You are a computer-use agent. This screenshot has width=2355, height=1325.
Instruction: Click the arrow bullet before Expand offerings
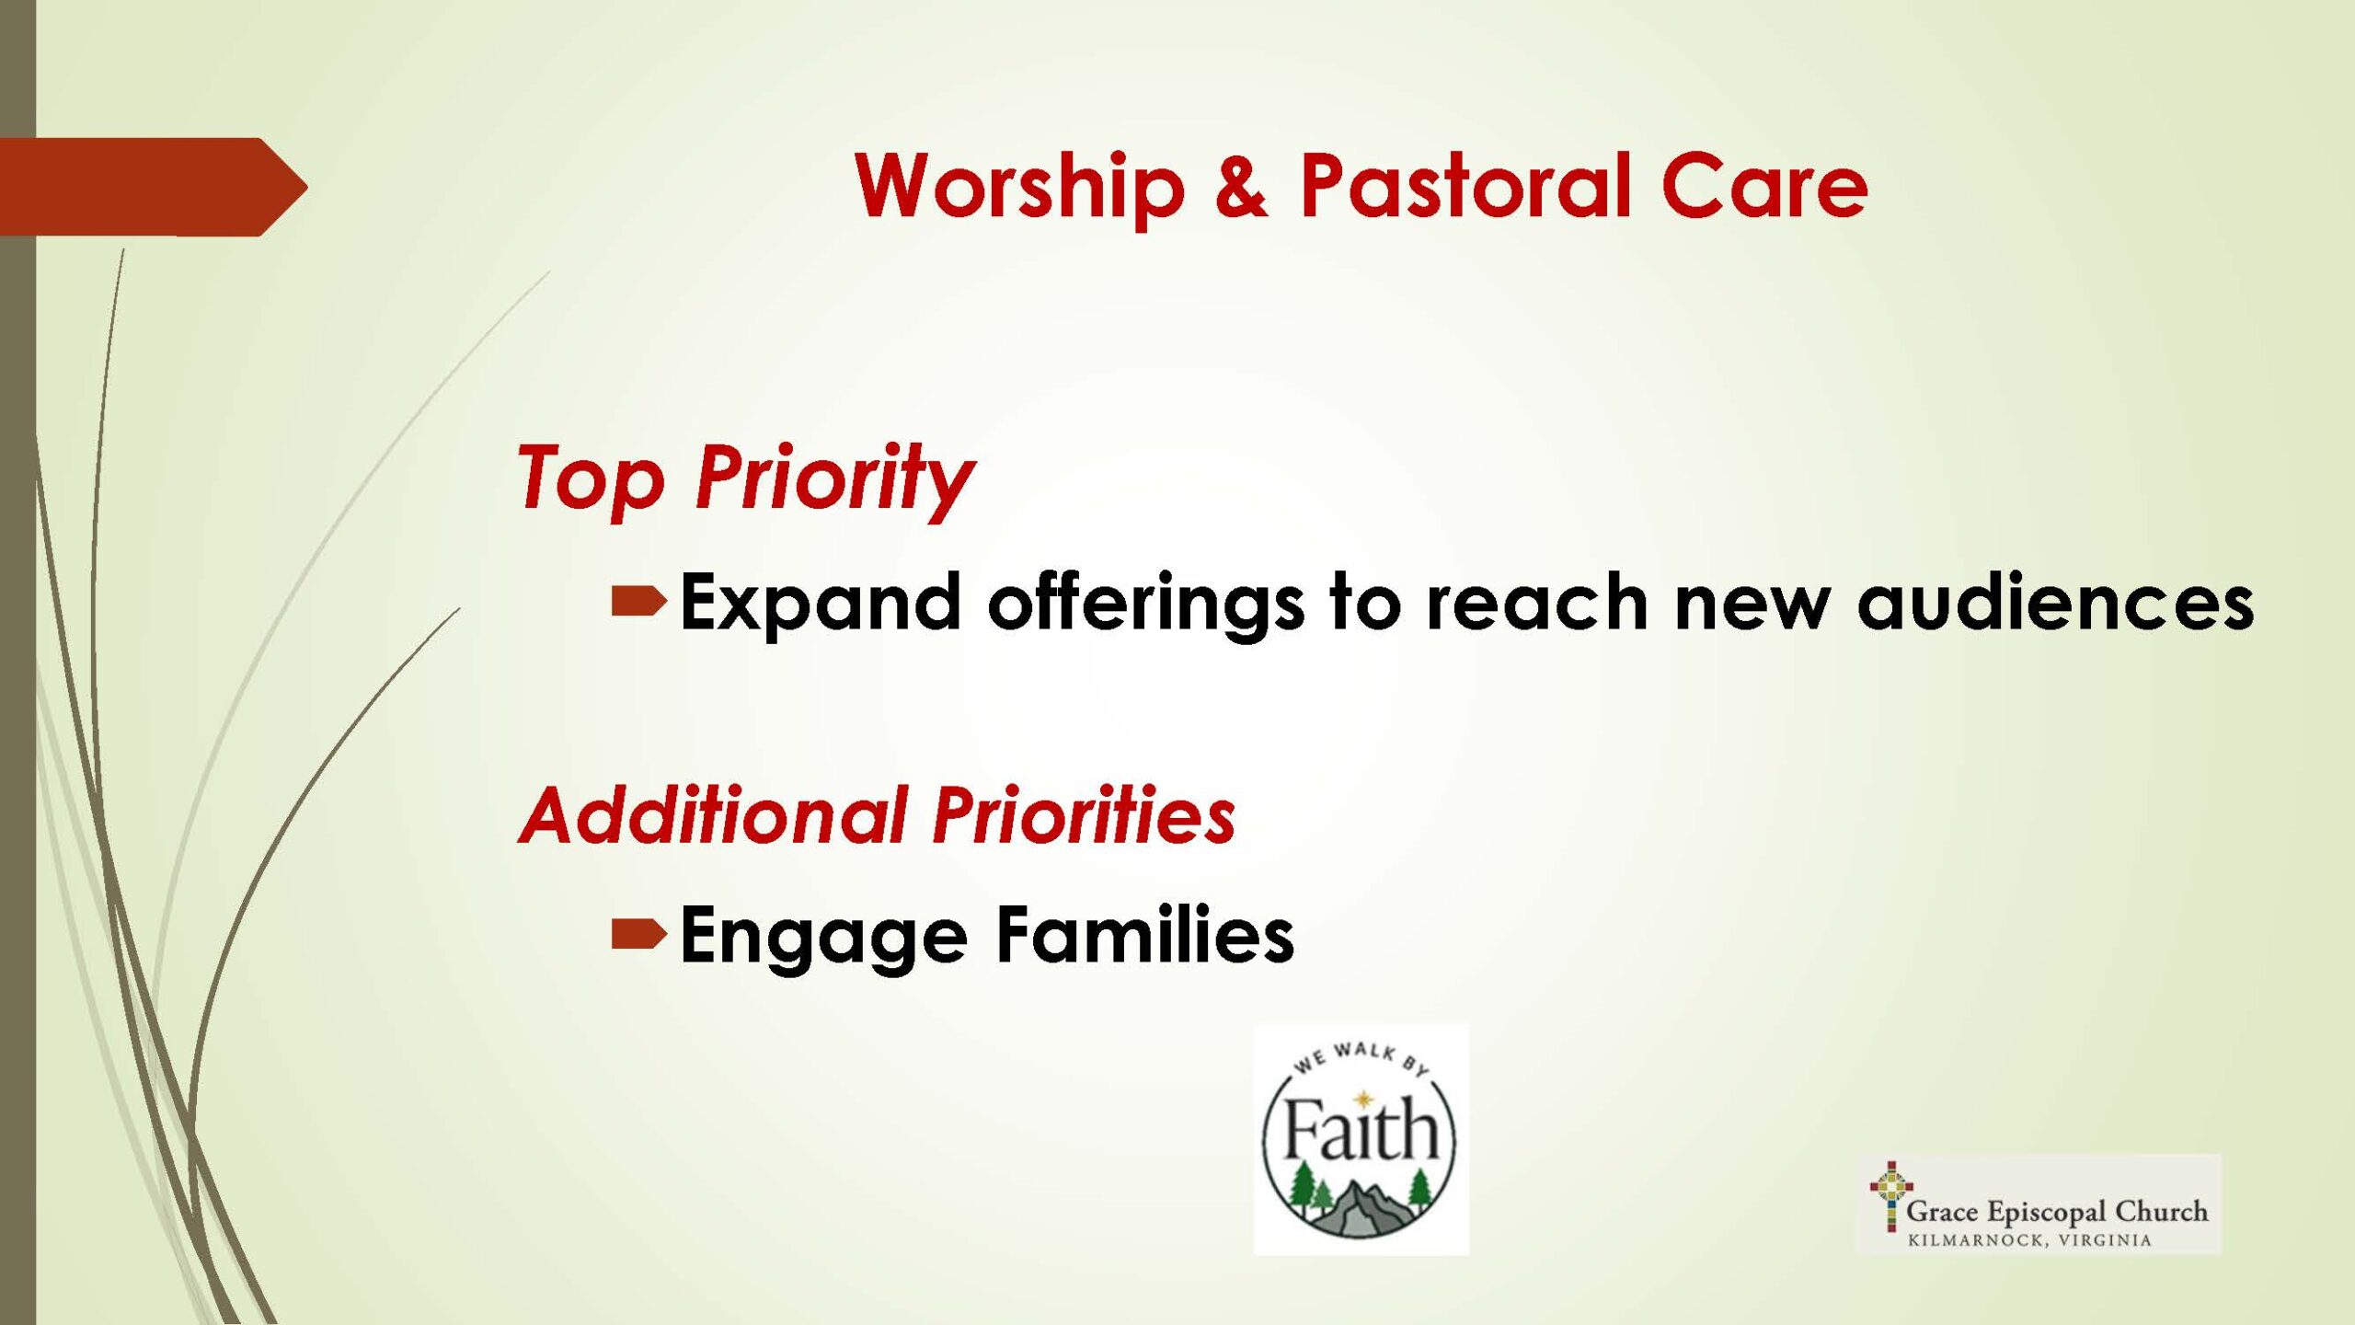tap(638, 602)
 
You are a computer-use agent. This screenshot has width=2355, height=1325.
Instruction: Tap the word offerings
tap(1145, 603)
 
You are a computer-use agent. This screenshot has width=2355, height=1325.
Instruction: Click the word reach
tap(1536, 602)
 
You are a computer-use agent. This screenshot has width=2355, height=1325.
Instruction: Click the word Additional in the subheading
tap(715, 814)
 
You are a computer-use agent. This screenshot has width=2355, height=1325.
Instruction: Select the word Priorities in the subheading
tap(1085, 814)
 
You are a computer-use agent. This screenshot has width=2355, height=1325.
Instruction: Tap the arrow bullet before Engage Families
tap(638, 935)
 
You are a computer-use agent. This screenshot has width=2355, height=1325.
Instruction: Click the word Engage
tap(824, 937)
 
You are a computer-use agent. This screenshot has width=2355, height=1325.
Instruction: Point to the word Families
tap(1145, 934)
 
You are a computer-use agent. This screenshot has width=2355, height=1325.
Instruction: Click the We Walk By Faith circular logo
tap(1361, 1140)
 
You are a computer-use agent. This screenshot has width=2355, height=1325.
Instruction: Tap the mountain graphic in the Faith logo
tap(1360, 1207)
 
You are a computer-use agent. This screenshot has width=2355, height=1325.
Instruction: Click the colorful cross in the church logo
tap(1890, 1194)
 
